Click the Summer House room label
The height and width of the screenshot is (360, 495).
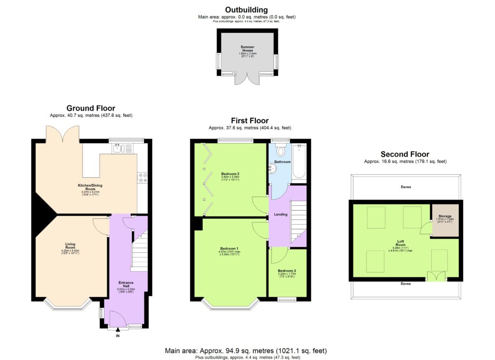(247, 49)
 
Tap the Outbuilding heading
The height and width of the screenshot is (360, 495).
(247, 10)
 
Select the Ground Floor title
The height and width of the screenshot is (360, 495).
(91, 108)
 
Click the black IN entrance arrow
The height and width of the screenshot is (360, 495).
(117, 330)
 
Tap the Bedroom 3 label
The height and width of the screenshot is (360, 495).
(288, 271)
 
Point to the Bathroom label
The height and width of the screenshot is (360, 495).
(282, 162)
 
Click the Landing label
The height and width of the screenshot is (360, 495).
(280, 214)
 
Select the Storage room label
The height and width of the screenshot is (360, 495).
(445, 216)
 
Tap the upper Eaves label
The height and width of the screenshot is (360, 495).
(406, 187)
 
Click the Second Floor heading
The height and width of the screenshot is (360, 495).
(405, 154)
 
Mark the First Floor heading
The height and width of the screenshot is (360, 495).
(249, 121)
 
